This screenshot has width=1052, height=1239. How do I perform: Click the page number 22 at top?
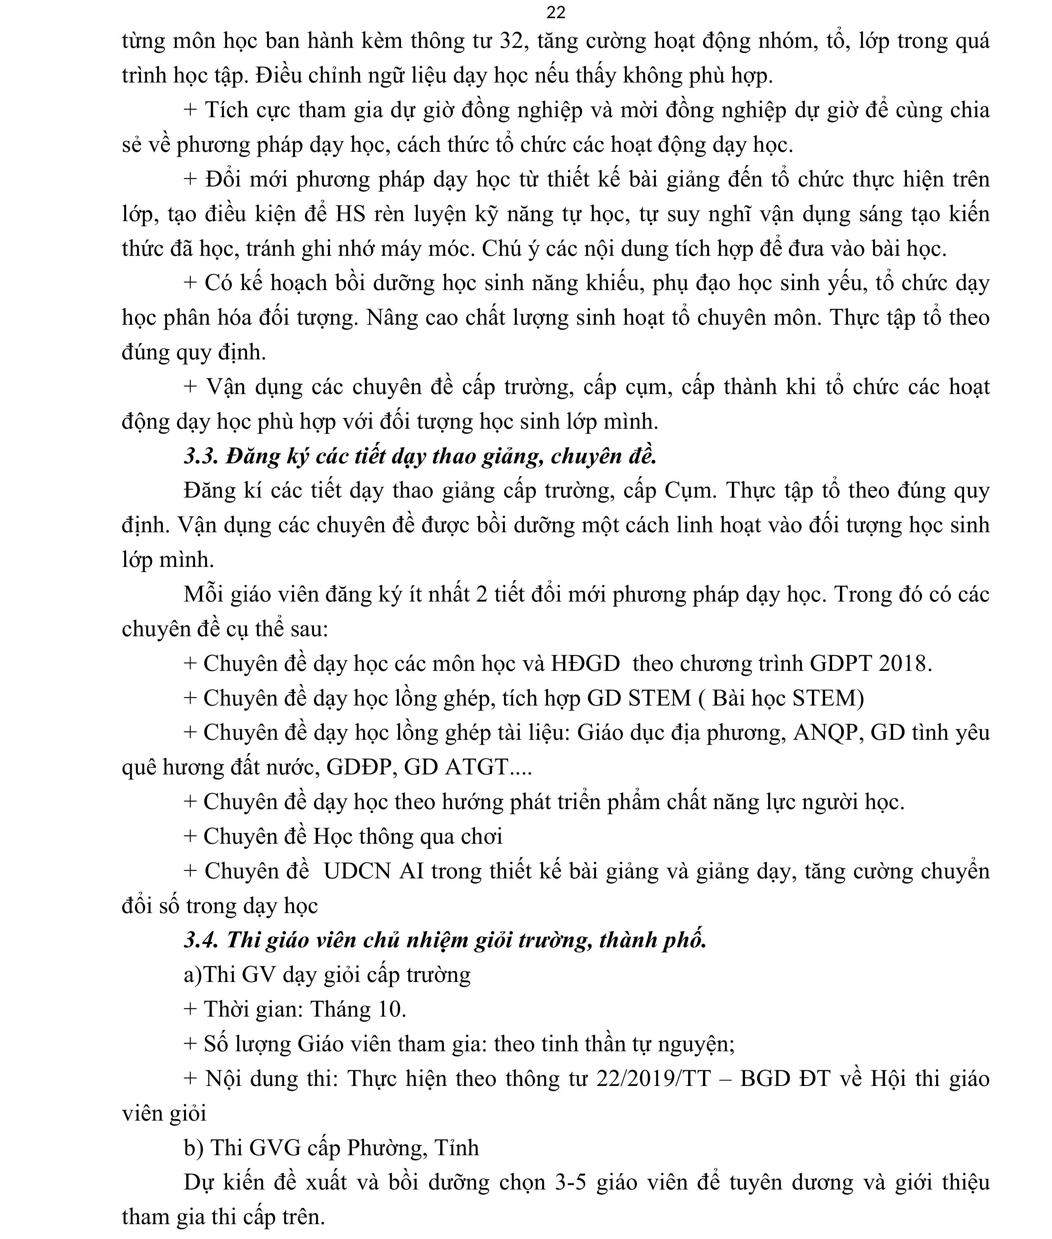click(555, 12)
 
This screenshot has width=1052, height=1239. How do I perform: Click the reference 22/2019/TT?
click(653, 1079)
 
